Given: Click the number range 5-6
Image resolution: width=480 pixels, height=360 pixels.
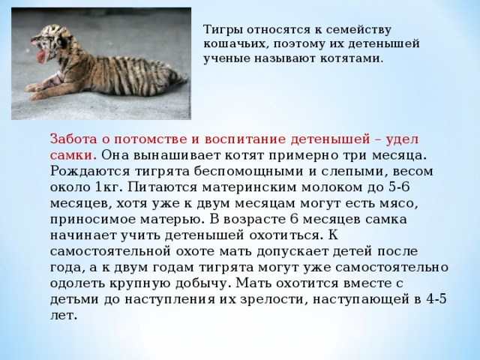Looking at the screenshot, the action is [x=399, y=187].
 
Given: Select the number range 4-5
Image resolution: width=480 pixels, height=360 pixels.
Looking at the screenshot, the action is [x=436, y=298].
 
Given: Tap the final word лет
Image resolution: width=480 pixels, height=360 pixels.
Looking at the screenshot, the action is [x=63, y=315].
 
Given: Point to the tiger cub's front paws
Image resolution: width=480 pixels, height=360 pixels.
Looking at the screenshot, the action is [x=34, y=91].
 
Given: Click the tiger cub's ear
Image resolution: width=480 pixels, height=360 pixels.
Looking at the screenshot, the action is [x=64, y=41].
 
